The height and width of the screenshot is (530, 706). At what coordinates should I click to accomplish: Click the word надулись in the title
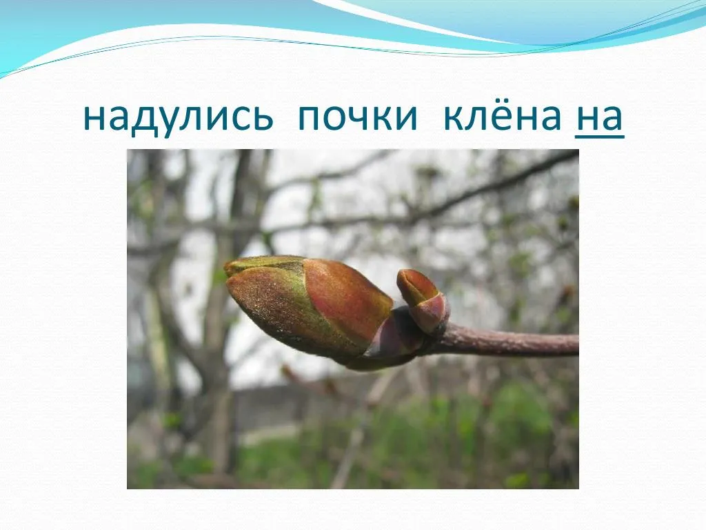click(x=179, y=118)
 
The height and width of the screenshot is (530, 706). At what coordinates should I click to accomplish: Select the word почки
click(x=358, y=118)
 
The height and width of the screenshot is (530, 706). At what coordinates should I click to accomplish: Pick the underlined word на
click(x=599, y=118)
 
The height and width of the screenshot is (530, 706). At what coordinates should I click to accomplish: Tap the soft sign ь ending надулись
click(x=262, y=118)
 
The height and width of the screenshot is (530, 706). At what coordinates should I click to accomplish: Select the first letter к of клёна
click(x=455, y=118)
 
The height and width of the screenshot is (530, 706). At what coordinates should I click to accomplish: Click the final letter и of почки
click(x=407, y=118)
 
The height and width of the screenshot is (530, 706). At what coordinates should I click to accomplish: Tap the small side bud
click(x=423, y=300)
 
